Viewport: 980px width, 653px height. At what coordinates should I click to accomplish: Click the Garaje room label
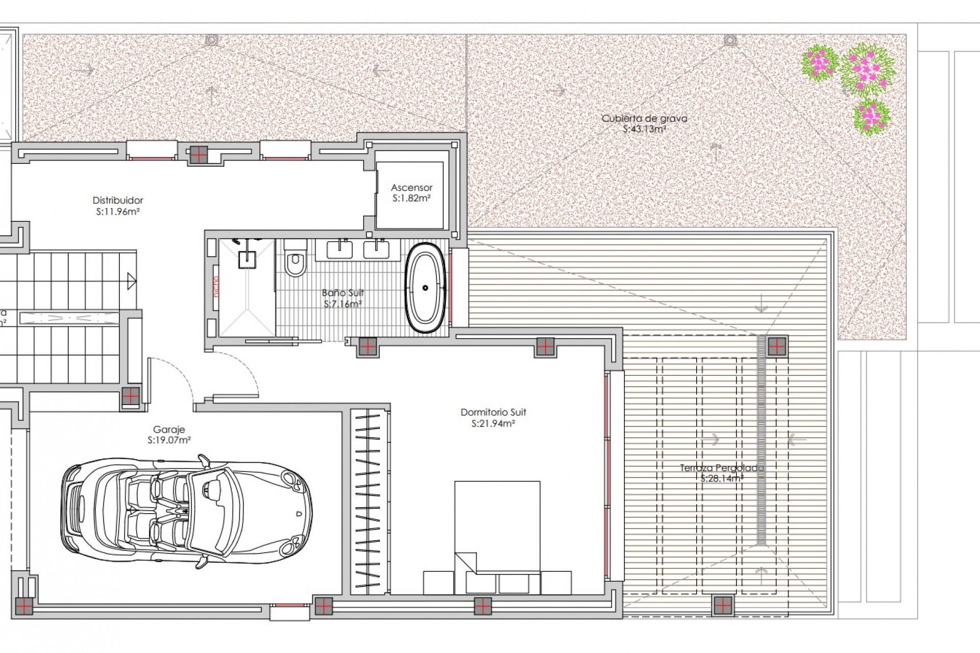pyautogui.click(x=169, y=430)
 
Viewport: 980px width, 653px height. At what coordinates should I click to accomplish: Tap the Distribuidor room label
pyautogui.click(x=118, y=200)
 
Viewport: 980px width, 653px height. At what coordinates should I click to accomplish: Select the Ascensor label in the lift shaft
pyautogui.click(x=411, y=188)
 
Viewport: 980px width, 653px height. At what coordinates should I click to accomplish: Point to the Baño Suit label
pyautogui.click(x=343, y=293)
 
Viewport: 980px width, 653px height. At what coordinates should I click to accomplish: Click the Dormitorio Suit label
pyautogui.click(x=493, y=412)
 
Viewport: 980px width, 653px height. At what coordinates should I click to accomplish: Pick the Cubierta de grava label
pyautogui.click(x=644, y=118)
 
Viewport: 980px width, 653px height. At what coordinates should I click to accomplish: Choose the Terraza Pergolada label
pyautogui.click(x=722, y=468)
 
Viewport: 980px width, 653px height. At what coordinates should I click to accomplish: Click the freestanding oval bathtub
pyautogui.click(x=425, y=288)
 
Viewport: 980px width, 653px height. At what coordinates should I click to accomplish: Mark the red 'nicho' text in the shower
pyautogui.click(x=216, y=287)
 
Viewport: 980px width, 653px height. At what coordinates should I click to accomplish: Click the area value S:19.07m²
pyautogui.click(x=169, y=440)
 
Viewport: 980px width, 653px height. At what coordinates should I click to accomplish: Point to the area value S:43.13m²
pyautogui.click(x=644, y=130)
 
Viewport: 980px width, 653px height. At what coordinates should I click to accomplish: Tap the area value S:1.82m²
pyautogui.click(x=411, y=198)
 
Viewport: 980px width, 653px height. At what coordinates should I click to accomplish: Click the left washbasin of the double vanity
pyautogui.click(x=339, y=250)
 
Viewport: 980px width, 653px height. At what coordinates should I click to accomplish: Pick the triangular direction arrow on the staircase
pyautogui.click(x=132, y=281)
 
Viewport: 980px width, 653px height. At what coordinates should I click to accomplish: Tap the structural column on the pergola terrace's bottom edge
pyautogui.click(x=722, y=606)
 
